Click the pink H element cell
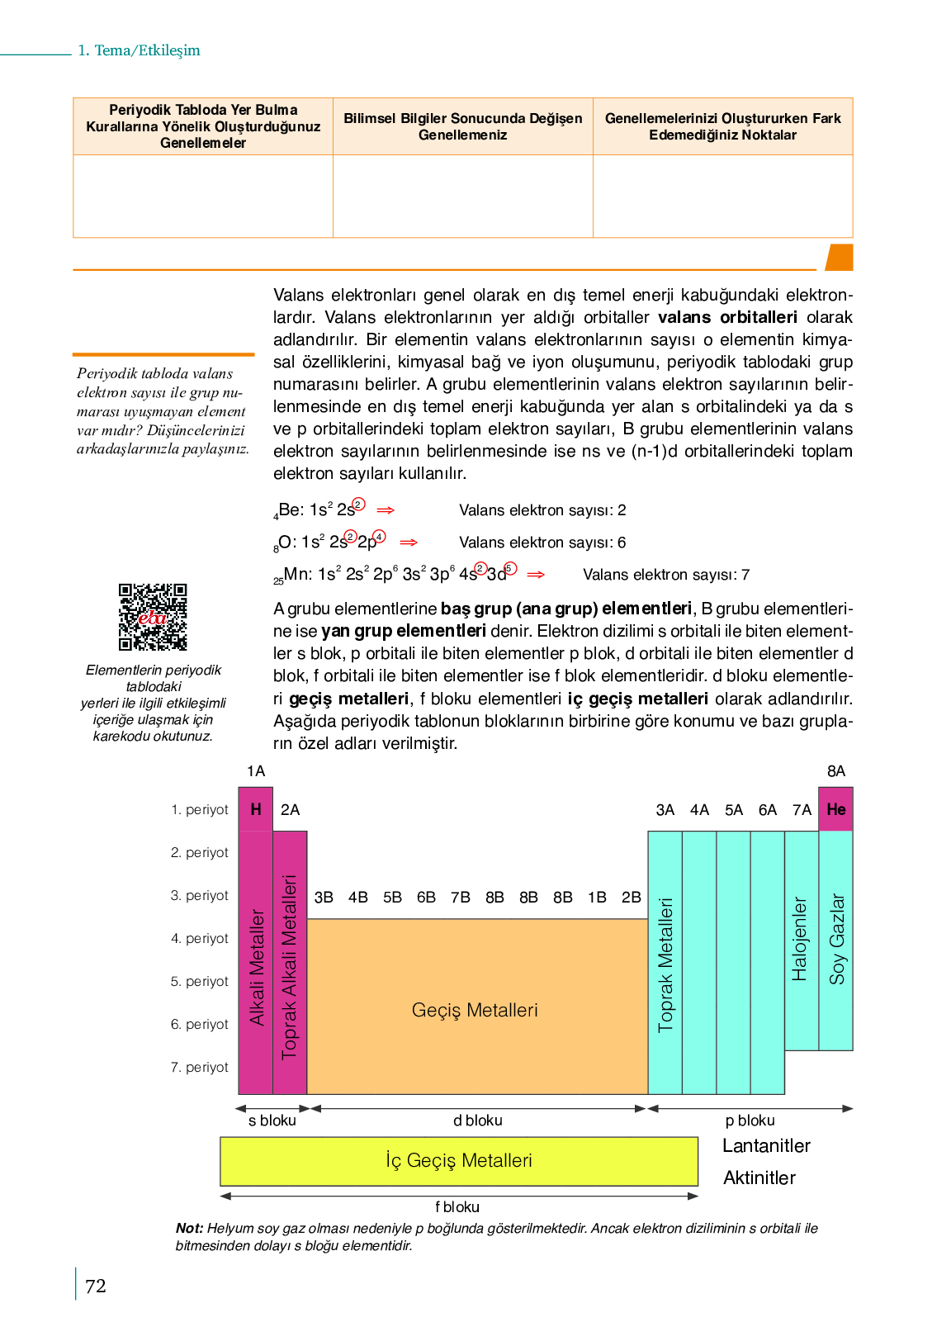click(256, 809)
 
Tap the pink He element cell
click(835, 809)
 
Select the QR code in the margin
click(153, 618)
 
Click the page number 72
click(96, 1287)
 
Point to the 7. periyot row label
click(200, 1067)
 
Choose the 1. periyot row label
click(200, 809)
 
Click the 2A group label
click(290, 809)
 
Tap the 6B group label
click(426, 898)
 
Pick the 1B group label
click(597, 898)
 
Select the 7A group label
click(802, 810)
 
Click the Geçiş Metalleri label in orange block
click(475, 1010)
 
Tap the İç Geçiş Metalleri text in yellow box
click(459, 1160)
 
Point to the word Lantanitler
click(766, 1146)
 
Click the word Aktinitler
click(759, 1178)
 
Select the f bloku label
click(457, 1207)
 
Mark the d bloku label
click(477, 1121)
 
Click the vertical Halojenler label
click(799, 939)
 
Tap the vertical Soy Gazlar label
click(836, 939)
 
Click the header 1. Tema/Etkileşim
click(139, 50)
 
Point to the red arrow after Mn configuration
click(536, 575)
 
